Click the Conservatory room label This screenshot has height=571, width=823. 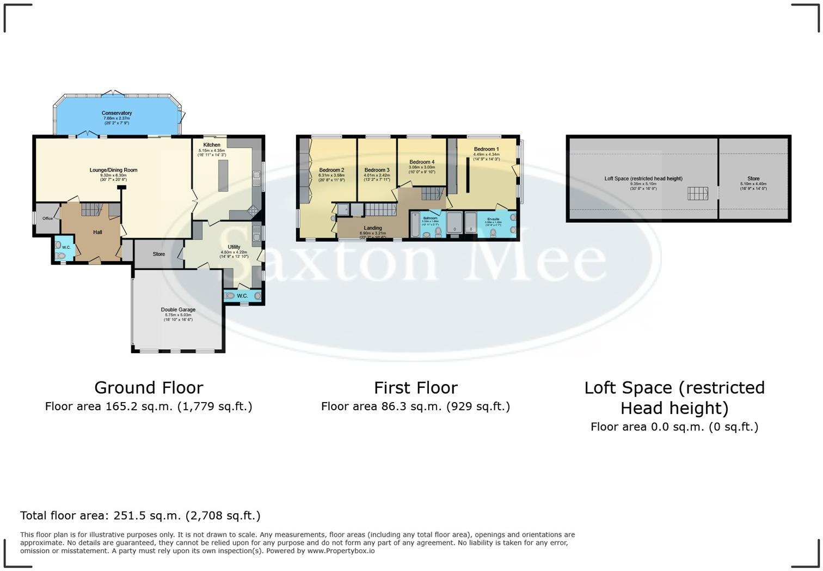(116, 113)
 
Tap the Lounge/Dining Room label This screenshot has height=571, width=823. (113, 170)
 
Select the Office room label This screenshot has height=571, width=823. (47, 218)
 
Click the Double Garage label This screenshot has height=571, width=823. (178, 309)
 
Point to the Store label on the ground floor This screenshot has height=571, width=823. (158, 254)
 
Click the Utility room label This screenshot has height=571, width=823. (234, 247)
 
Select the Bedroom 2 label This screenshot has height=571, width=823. (331, 170)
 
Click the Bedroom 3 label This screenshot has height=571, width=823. (377, 170)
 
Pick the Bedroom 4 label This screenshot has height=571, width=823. (422, 162)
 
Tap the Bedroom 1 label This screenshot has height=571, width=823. (486, 149)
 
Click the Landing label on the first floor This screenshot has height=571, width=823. (373, 228)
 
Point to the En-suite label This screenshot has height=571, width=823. (493, 219)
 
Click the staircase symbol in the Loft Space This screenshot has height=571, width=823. (697, 193)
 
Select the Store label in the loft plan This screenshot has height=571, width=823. (753, 179)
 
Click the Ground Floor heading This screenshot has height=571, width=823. (149, 388)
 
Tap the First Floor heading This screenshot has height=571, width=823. (415, 388)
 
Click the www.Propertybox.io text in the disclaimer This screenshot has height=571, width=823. (341, 551)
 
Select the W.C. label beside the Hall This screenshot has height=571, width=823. (66, 247)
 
